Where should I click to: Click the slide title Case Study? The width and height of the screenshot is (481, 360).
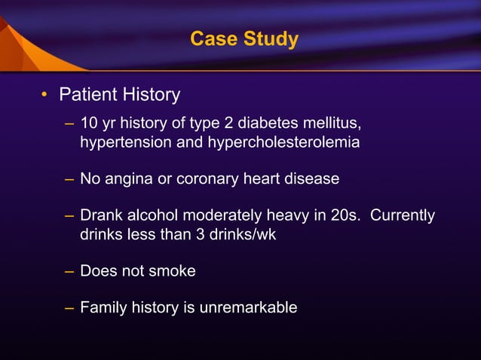pos(244,38)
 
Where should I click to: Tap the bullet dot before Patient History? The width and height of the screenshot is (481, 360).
pos(45,96)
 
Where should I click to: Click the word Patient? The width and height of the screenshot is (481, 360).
pos(86,95)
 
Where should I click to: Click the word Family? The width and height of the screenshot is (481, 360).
pos(104,307)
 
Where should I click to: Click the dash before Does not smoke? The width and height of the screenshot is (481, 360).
pos(69,270)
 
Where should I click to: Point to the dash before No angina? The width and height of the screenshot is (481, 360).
pos(69,179)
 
